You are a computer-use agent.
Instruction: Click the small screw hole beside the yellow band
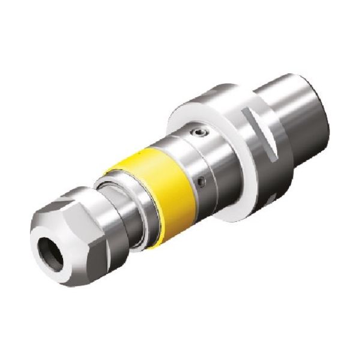tap(203, 179)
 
